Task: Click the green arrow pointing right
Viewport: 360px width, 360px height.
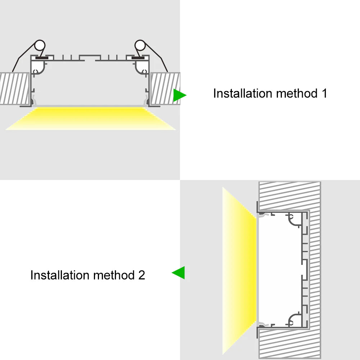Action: click(179, 95)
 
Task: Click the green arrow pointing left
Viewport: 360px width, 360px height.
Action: click(179, 273)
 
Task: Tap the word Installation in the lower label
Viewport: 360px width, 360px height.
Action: click(60, 275)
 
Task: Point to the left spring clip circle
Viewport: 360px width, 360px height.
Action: click(40, 46)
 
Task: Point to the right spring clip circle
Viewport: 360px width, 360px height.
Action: click(140, 46)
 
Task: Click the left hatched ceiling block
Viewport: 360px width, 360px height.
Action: click(14, 88)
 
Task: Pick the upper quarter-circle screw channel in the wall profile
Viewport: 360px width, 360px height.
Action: click(295, 220)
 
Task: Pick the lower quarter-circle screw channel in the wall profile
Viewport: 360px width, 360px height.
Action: click(295, 319)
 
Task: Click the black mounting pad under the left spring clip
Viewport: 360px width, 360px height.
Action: click(42, 57)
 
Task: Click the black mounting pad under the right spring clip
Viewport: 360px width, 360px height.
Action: click(138, 57)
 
